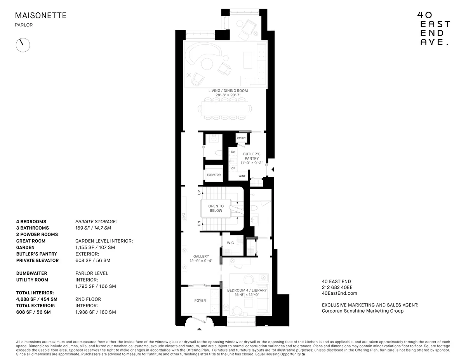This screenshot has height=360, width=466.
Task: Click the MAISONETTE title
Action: click(41, 16)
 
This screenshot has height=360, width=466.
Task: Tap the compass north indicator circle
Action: click(23, 45)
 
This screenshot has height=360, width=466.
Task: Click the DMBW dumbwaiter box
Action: click(241, 138)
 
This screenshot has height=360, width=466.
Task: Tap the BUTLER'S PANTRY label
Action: click(251, 156)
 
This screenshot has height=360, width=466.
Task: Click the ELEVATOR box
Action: click(214, 175)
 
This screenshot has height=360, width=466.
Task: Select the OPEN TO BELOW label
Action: click(216, 209)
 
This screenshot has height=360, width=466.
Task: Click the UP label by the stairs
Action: click(199, 192)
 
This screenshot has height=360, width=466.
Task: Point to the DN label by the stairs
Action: click(199, 224)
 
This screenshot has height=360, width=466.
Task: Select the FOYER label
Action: click(200, 301)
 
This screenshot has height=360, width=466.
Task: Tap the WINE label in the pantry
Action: click(242, 176)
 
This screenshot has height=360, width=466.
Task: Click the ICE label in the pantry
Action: click(233, 168)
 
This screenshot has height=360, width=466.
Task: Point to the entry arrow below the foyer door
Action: click(200, 329)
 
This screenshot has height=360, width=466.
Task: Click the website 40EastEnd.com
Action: click(339, 294)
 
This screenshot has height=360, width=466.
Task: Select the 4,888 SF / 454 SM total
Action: click(37, 299)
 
